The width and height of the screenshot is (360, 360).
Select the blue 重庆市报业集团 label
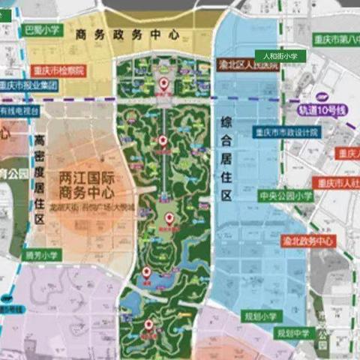point(28,85)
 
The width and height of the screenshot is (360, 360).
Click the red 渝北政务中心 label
point(305,241)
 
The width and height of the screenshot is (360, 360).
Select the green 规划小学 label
point(260,317)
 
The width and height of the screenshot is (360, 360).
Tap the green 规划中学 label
point(293,332)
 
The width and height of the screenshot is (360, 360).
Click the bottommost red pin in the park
point(148,325)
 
